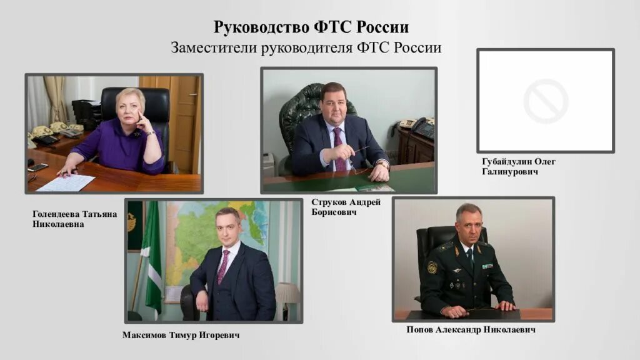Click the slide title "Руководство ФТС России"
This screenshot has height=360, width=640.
[x=311, y=27]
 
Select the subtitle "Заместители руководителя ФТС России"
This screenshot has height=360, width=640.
[x=306, y=48]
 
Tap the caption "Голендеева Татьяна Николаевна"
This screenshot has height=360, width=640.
[x=75, y=219]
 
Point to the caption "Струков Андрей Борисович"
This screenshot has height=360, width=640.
[x=346, y=207]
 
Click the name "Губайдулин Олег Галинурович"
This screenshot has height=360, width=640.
[x=518, y=166]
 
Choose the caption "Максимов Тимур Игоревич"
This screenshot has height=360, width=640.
[x=181, y=336]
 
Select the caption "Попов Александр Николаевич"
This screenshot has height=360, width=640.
[x=471, y=329]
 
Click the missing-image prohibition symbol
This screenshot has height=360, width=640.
[x=546, y=101]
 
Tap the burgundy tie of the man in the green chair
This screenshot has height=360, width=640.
[x=339, y=149]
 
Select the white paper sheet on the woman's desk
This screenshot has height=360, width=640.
[x=66, y=182]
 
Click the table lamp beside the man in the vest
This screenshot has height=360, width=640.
[x=287, y=294]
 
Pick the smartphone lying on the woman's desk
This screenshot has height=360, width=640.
[x=37, y=167]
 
